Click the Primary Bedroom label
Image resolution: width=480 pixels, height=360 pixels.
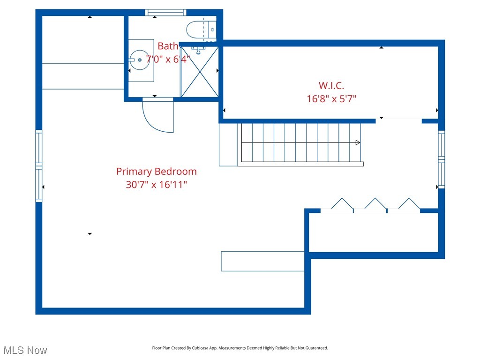[x=156, y=172]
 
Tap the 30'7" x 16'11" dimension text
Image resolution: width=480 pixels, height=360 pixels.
[x=156, y=185]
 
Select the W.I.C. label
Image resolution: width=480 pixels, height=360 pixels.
[x=331, y=86]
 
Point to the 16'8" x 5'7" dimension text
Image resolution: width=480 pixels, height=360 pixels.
[x=331, y=99]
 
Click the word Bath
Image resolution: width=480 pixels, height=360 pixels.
[x=168, y=46]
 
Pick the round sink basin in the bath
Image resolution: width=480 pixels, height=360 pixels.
[x=140, y=60]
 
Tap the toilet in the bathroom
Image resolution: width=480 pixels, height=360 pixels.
[x=202, y=30]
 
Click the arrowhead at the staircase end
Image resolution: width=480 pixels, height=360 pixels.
[x=358, y=142]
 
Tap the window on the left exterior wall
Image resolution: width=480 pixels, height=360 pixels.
[x=39, y=166]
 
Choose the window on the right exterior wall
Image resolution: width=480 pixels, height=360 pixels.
[x=441, y=159]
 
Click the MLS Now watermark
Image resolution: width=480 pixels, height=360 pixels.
[x=25, y=350]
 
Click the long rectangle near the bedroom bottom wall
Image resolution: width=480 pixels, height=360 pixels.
[x=263, y=262]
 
